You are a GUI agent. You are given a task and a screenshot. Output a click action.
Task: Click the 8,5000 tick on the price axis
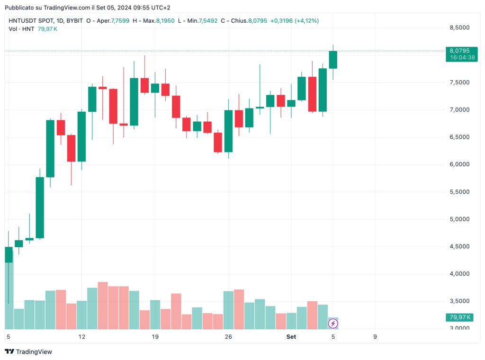pos(459,28)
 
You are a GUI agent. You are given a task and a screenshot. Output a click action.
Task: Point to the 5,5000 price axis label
pos(459,192)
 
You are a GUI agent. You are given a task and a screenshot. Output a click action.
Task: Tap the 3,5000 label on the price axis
pos(459,301)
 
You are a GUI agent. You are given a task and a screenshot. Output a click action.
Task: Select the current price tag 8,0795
pos(459,51)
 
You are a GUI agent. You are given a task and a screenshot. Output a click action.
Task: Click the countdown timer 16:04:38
pos(459,57)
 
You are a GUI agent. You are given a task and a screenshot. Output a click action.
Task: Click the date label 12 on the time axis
pos(82,337)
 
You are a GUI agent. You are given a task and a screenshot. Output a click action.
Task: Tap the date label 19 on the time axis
pos(155,337)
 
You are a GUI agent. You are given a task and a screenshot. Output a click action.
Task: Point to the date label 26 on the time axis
pos(228,337)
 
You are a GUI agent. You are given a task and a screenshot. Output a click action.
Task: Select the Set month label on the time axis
pos(291,337)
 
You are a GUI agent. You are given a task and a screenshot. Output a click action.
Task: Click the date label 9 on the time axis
pos(375,337)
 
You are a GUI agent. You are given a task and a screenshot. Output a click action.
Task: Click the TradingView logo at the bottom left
pos(28,351)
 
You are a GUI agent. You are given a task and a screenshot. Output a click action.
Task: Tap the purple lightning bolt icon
pos(333,324)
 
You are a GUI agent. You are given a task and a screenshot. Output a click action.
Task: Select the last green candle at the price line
pos(333,60)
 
